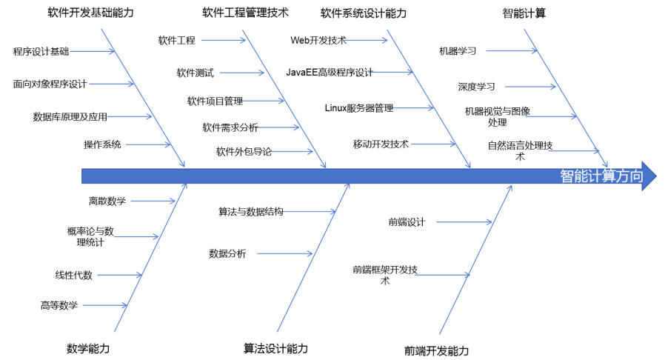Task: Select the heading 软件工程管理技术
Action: [245, 13]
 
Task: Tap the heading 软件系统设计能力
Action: [364, 13]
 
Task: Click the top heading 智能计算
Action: [524, 13]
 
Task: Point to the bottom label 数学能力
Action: [88, 348]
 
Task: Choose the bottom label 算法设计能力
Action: [275, 348]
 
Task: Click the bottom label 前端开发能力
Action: [436, 350]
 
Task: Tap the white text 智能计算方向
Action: [601, 176]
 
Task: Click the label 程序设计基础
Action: [41, 52]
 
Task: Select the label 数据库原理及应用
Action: [70, 116]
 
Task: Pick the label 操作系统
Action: [102, 144]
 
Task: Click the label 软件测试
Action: [195, 73]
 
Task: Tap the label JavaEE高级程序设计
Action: [330, 73]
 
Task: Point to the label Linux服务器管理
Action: [359, 108]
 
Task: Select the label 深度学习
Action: [476, 87]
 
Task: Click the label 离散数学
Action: [107, 201]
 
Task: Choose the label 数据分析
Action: [227, 253]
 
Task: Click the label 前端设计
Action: [407, 221]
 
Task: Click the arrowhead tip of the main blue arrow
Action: [655, 176]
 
